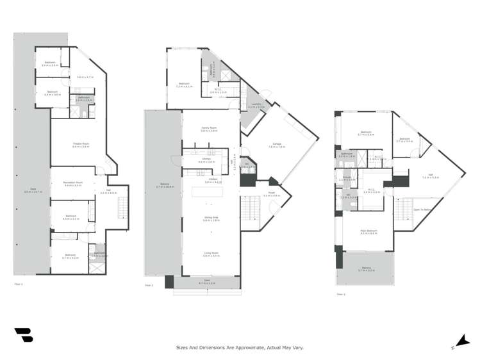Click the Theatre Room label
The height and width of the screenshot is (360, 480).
(80, 145)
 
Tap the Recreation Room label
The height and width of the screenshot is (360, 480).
(73, 184)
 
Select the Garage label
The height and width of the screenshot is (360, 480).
(277, 145)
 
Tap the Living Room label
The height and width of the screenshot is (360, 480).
(211, 254)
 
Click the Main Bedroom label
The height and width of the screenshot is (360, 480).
(368, 233)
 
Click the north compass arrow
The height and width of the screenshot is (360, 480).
(461, 341)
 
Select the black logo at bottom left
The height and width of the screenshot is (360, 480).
(23, 335)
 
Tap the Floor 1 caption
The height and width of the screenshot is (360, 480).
(18, 283)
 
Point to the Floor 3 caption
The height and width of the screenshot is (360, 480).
(340, 295)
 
